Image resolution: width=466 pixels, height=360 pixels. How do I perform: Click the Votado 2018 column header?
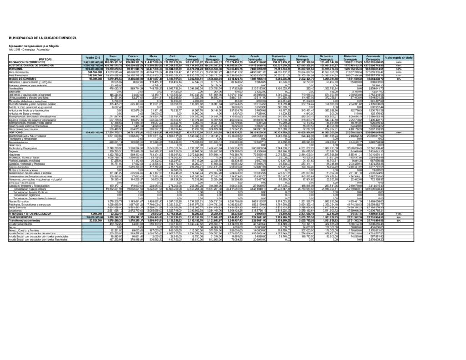92,58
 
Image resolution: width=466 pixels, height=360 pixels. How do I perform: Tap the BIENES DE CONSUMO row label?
21,79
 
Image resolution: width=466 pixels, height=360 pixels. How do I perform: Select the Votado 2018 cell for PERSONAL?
92,68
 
